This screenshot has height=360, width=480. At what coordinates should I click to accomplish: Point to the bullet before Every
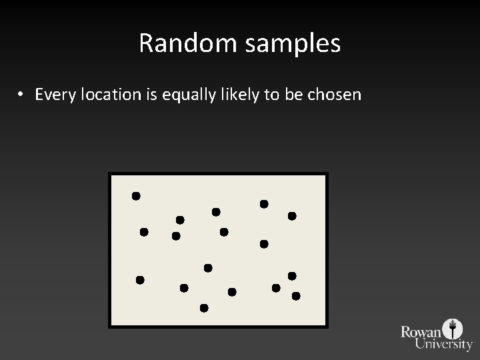(22, 95)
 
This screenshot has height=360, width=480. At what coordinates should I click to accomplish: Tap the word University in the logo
(443, 344)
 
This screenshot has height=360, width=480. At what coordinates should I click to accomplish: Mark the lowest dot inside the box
(204, 308)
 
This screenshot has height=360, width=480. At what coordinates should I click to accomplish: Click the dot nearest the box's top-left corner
(136, 196)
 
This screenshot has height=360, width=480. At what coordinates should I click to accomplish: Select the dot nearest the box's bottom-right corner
(296, 295)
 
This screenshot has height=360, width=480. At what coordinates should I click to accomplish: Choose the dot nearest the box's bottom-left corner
(140, 280)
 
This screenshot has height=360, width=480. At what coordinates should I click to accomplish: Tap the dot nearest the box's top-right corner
(292, 216)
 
